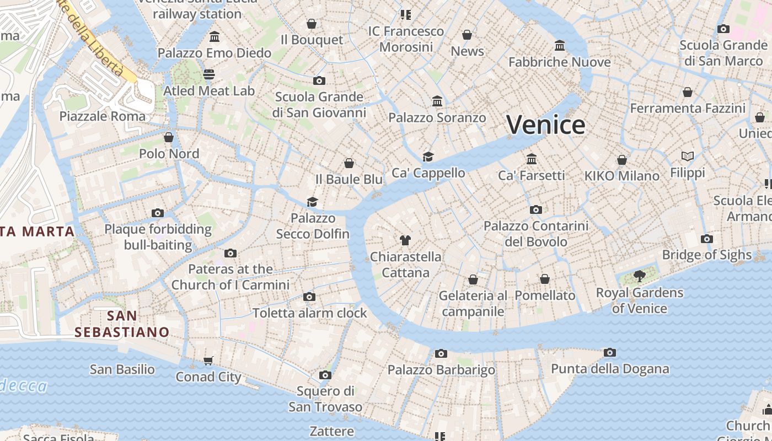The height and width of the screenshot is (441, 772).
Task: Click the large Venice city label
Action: pos(545,125)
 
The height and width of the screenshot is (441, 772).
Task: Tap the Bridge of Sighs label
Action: pos(706,255)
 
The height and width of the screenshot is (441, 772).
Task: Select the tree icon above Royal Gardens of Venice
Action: pos(639,276)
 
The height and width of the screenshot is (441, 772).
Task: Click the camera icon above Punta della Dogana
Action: pos(609,352)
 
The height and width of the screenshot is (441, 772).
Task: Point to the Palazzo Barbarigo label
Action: pos(441,369)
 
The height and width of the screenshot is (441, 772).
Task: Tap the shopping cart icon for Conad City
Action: pos(208,361)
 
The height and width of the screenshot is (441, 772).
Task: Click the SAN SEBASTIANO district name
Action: pos(122,324)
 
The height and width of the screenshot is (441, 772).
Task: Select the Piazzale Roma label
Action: pos(103,116)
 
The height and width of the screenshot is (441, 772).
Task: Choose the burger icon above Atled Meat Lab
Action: pos(208,74)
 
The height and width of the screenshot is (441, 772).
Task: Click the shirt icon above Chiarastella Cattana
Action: pos(405,240)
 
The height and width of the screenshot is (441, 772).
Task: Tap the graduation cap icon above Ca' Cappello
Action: pos(428,157)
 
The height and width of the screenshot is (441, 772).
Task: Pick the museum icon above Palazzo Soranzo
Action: pos(437,101)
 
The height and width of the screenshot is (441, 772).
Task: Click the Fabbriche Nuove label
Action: pos(559,62)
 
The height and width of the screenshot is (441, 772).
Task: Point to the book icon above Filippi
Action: pos(687,157)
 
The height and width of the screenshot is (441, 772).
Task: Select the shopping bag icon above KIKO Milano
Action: pos(621,160)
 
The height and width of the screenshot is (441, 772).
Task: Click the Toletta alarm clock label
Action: pos(309,313)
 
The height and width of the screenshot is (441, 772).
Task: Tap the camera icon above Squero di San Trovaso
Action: pos(325,375)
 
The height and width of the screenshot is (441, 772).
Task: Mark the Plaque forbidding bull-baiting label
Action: pos(158,237)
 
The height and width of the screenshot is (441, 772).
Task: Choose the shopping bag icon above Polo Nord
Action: pos(169,137)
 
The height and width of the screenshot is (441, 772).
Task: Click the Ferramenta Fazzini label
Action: pos(687,108)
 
